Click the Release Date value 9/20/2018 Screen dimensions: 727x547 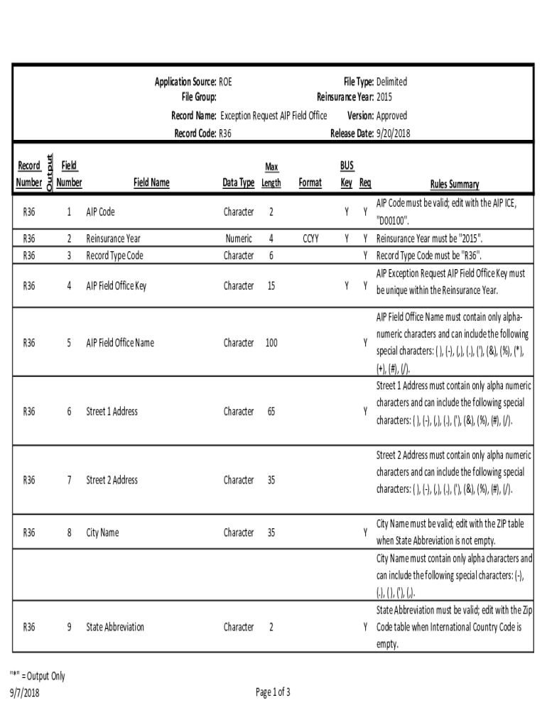(x=393, y=133)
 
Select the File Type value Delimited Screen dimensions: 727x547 (x=391, y=82)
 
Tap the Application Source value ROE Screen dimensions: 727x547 (x=225, y=82)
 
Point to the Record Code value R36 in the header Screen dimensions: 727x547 (x=225, y=133)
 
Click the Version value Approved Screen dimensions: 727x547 (x=391, y=116)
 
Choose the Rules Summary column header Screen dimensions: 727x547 (x=455, y=184)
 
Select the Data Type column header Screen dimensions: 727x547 (x=238, y=182)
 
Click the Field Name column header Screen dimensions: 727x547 (x=151, y=182)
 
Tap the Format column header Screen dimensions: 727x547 (x=310, y=182)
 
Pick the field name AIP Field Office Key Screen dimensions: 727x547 (x=116, y=286)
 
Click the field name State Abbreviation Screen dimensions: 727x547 (x=115, y=627)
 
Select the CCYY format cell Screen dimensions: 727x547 (x=310, y=239)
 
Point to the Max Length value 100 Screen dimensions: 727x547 (x=271, y=343)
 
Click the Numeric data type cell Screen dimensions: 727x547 (x=239, y=239)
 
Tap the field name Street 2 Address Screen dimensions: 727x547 (x=112, y=480)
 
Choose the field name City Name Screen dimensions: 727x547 (x=102, y=532)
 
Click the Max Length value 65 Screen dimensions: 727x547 (x=271, y=411)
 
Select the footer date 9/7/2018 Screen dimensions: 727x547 (x=25, y=693)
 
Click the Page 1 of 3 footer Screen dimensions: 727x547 (x=273, y=693)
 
